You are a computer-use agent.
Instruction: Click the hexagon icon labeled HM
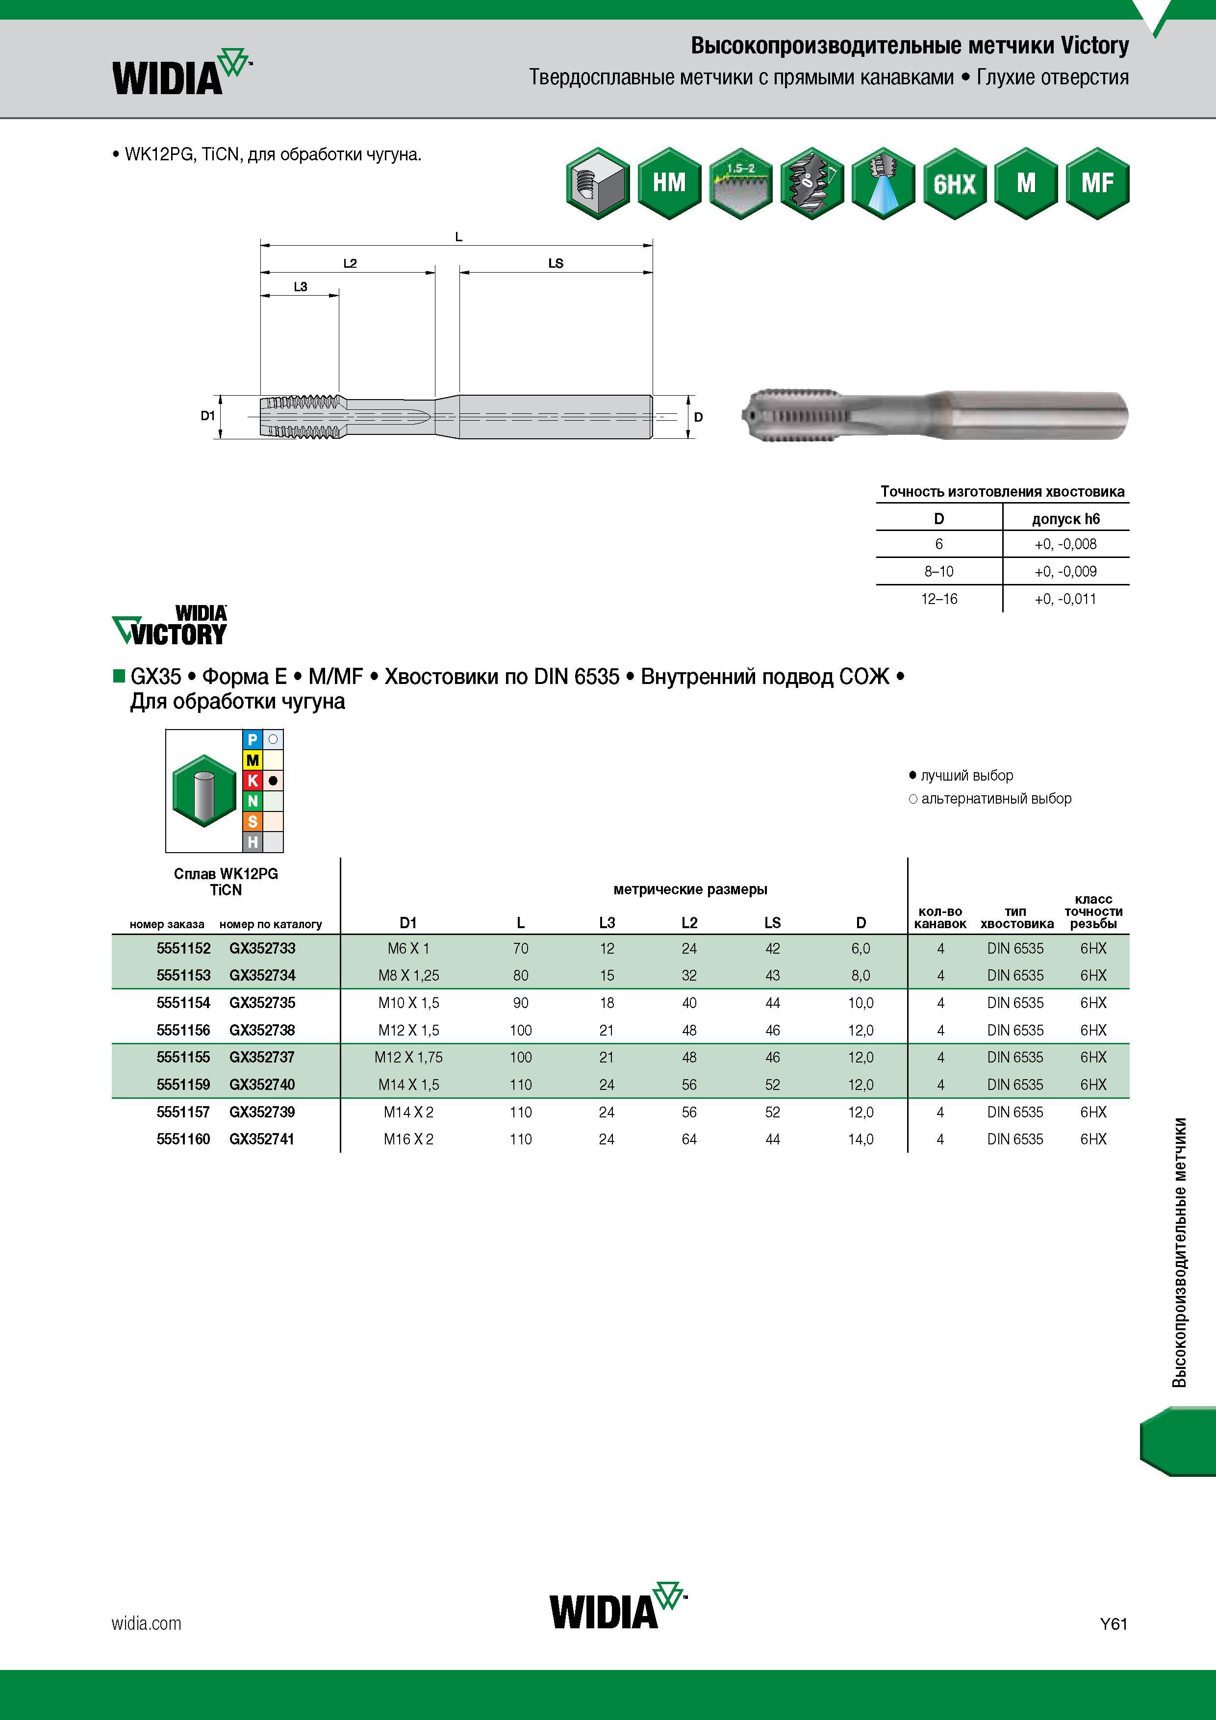[669, 183]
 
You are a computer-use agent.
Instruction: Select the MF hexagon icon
[1097, 183]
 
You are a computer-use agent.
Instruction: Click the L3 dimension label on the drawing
[301, 286]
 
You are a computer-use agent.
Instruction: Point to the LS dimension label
[555, 263]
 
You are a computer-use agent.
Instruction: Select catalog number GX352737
[262, 1057]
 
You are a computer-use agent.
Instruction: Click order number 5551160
[183, 1138]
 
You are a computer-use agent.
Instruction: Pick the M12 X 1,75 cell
[408, 1057]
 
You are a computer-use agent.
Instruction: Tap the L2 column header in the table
[689, 923]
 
